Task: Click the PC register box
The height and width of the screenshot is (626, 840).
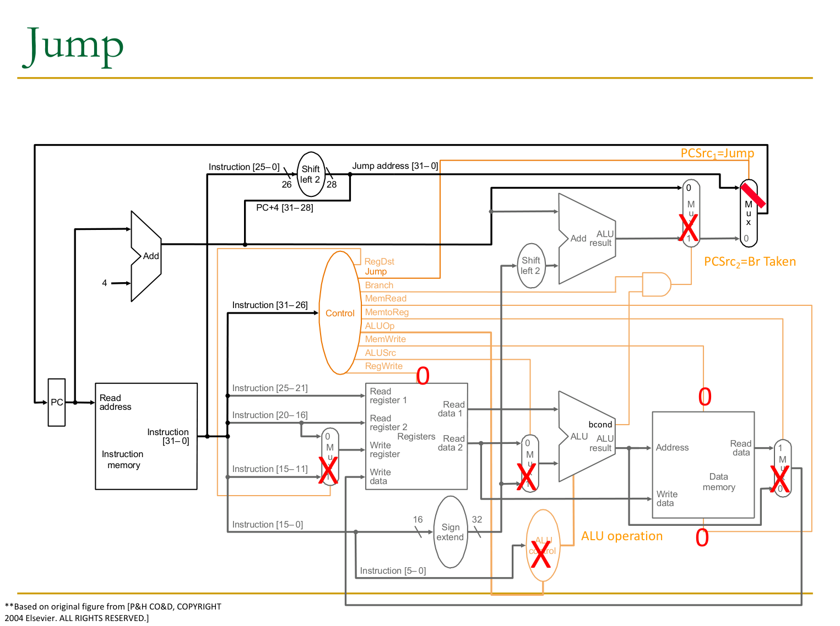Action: tap(57, 402)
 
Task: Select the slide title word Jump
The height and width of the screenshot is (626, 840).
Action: tap(73, 46)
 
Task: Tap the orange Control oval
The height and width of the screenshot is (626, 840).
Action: tap(340, 313)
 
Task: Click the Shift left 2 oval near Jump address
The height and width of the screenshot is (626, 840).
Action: tap(311, 174)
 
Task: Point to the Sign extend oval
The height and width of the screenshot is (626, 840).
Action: tap(451, 532)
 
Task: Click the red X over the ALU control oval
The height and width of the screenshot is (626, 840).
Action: tap(541, 555)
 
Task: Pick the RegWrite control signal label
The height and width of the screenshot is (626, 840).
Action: tap(383, 366)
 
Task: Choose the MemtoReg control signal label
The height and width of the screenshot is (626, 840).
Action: tap(387, 312)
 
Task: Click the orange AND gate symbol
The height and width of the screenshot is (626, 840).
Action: tap(657, 284)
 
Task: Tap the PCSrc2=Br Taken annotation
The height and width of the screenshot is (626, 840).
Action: tap(750, 262)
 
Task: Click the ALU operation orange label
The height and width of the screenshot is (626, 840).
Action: tap(622, 536)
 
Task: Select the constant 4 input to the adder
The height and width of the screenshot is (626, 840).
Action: tap(105, 283)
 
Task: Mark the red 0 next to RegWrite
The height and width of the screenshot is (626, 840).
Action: tap(423, 376)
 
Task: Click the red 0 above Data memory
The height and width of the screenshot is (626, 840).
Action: tap(705, 397)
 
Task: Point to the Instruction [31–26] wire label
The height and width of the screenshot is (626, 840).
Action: tap(270, 305)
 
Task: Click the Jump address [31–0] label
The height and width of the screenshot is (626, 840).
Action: tap(395, 166)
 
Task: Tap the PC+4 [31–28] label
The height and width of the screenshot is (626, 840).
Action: tap(285, 208)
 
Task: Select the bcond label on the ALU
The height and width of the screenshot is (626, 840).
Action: tap(600, 425)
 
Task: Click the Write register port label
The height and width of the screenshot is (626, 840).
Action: tap(384, 450)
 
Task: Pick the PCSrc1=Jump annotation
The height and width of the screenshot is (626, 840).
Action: tap(717, 153)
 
